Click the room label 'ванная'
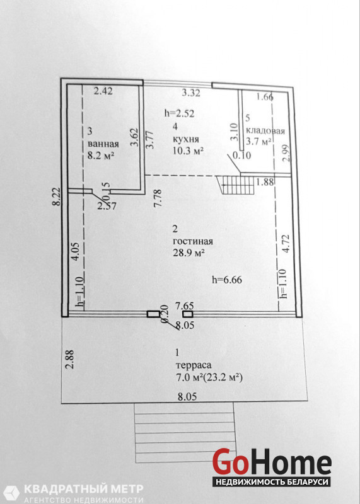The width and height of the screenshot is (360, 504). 103,144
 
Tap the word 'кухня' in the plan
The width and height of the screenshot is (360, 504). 186,139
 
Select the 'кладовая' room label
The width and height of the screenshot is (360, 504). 265,131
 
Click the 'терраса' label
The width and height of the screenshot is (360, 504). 194,365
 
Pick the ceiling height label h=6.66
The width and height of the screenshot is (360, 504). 227,280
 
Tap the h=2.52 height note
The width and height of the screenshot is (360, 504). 180,113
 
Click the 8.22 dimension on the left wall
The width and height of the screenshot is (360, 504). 57,197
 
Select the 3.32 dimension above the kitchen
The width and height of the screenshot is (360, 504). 191,93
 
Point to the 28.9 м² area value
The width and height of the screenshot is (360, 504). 189,253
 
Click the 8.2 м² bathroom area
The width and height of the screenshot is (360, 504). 102,156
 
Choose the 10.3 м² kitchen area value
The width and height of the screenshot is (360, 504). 189,151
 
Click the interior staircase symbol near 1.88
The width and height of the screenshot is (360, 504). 236,185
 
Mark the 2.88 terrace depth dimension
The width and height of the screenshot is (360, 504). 70,359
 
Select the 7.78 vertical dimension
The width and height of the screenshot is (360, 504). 158,198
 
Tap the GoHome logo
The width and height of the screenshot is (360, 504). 272,467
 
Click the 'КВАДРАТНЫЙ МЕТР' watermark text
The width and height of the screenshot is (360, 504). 84,490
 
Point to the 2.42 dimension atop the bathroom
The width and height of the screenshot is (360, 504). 103,91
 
